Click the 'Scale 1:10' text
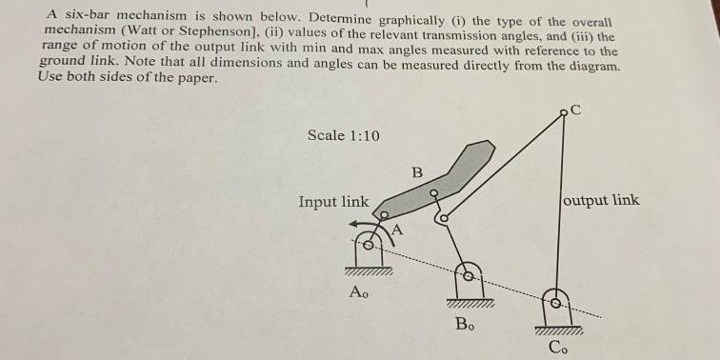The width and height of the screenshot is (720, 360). point(344,135)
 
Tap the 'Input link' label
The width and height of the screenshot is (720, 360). point(333,202)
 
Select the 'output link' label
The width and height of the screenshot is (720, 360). point(602,200)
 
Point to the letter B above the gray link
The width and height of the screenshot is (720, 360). point(416,173)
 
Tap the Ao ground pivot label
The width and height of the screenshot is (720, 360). point(358,292)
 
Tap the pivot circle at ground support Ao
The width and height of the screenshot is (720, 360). point(367,246)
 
